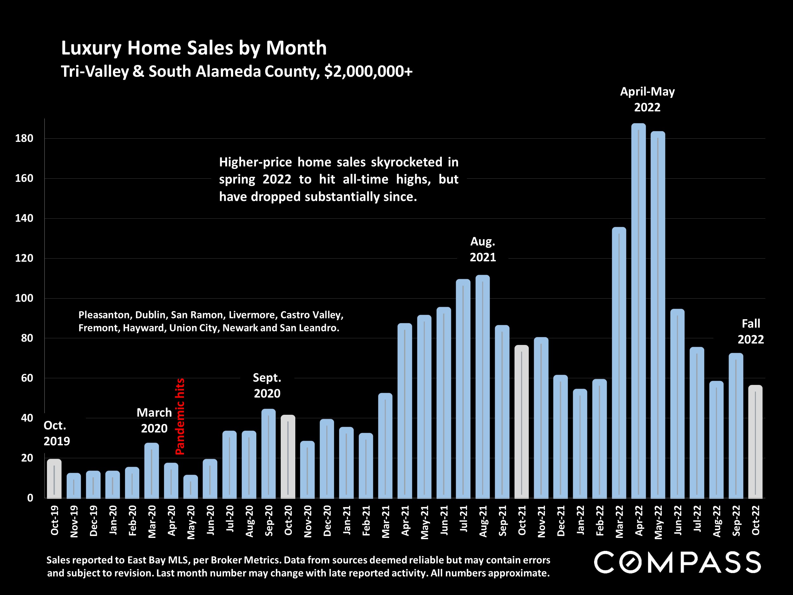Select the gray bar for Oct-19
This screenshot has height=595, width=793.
54,479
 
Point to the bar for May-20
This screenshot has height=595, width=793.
190,487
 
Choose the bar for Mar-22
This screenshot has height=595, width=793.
619,363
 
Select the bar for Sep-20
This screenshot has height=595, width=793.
269,454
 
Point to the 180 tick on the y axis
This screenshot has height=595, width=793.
24,138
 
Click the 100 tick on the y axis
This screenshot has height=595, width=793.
24,298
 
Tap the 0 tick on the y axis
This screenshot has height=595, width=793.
30,498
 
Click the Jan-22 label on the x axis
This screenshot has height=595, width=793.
580,520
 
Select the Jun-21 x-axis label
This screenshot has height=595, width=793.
444,520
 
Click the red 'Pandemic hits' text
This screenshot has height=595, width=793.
180,416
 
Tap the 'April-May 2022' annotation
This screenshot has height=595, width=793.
647,99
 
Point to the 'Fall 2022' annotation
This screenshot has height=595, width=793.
750,331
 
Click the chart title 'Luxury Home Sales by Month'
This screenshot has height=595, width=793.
193,48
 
